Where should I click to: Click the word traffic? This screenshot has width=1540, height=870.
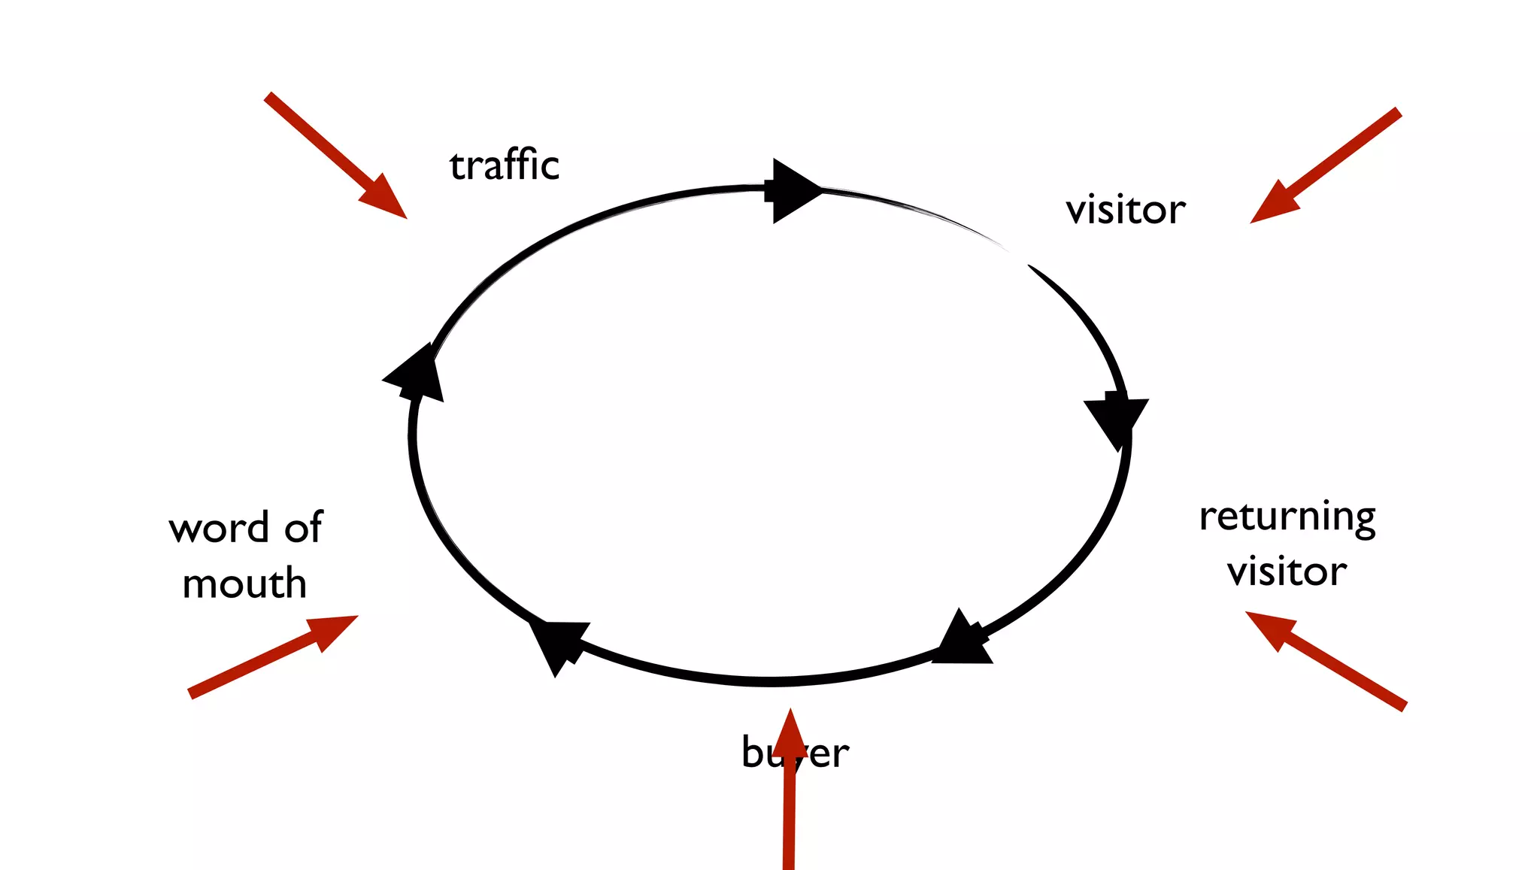point(505,165)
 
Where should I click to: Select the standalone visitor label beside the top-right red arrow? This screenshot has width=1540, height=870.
point(1126,210)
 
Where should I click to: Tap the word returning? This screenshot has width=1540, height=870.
point(1287,517)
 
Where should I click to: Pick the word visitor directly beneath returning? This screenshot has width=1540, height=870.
point(1287,571)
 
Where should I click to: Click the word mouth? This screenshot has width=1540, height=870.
point(244,584)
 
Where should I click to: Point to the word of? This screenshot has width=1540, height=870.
point(304,527)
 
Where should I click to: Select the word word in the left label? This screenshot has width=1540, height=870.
point(219,528)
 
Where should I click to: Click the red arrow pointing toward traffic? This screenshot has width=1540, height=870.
point(335,156)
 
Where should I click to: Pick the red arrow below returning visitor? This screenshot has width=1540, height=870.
point(1325,660)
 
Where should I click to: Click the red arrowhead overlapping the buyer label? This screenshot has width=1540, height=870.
point(790,734)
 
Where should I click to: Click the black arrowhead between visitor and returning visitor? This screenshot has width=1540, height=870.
point(1117,419)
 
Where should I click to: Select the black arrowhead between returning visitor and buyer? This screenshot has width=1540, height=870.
point(962,641)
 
